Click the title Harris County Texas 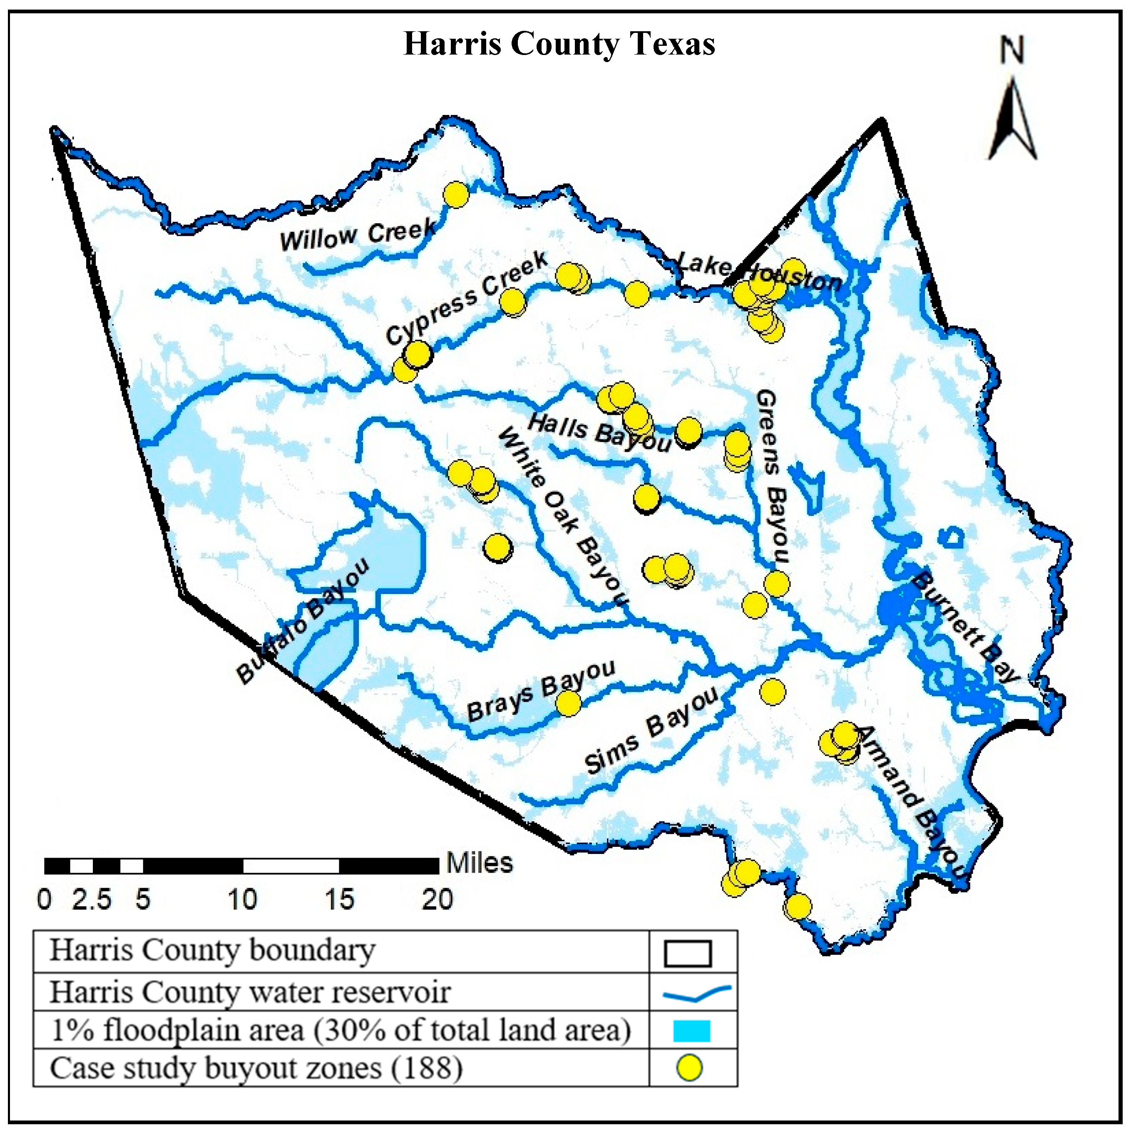pos(559,44)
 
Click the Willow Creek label pos(358,235)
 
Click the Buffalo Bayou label pos(302,621)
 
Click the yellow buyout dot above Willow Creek pos(456,195)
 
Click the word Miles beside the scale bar pos(480,863)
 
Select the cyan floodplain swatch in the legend pos(691,1031)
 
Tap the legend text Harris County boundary pos(212,950)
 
